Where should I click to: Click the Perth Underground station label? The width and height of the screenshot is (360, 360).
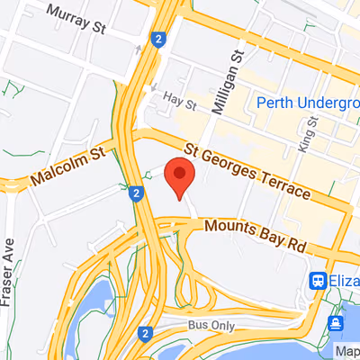(307, 103)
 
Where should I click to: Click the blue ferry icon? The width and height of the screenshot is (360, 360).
(335, 322)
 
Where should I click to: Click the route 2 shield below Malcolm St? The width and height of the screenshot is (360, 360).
(134, 193)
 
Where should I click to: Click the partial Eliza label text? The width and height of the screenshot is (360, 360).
(344, 281)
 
